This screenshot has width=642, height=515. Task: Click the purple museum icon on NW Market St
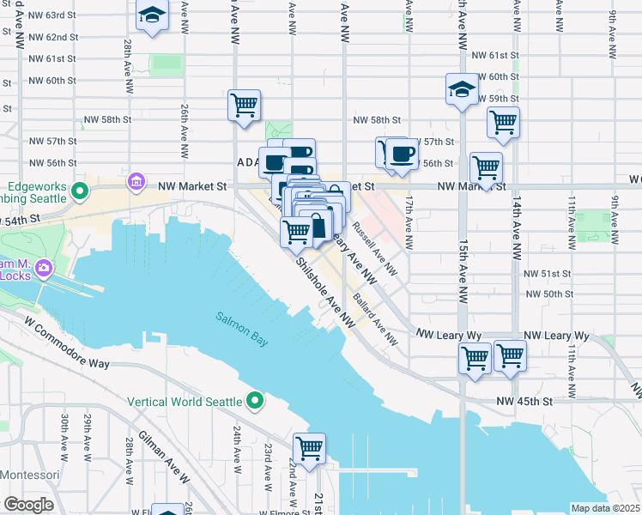(136, 182)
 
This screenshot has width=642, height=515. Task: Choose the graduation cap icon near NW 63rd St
(152, 15)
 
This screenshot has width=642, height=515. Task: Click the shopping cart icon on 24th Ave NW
(245, 106)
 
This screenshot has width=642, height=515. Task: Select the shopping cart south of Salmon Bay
(309, 447)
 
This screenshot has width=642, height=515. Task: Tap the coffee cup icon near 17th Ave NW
(402, 154)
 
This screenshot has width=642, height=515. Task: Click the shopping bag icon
(317, 227)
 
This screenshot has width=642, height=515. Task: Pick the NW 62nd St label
(53, 37)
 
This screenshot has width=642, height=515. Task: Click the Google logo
(28, 504)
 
